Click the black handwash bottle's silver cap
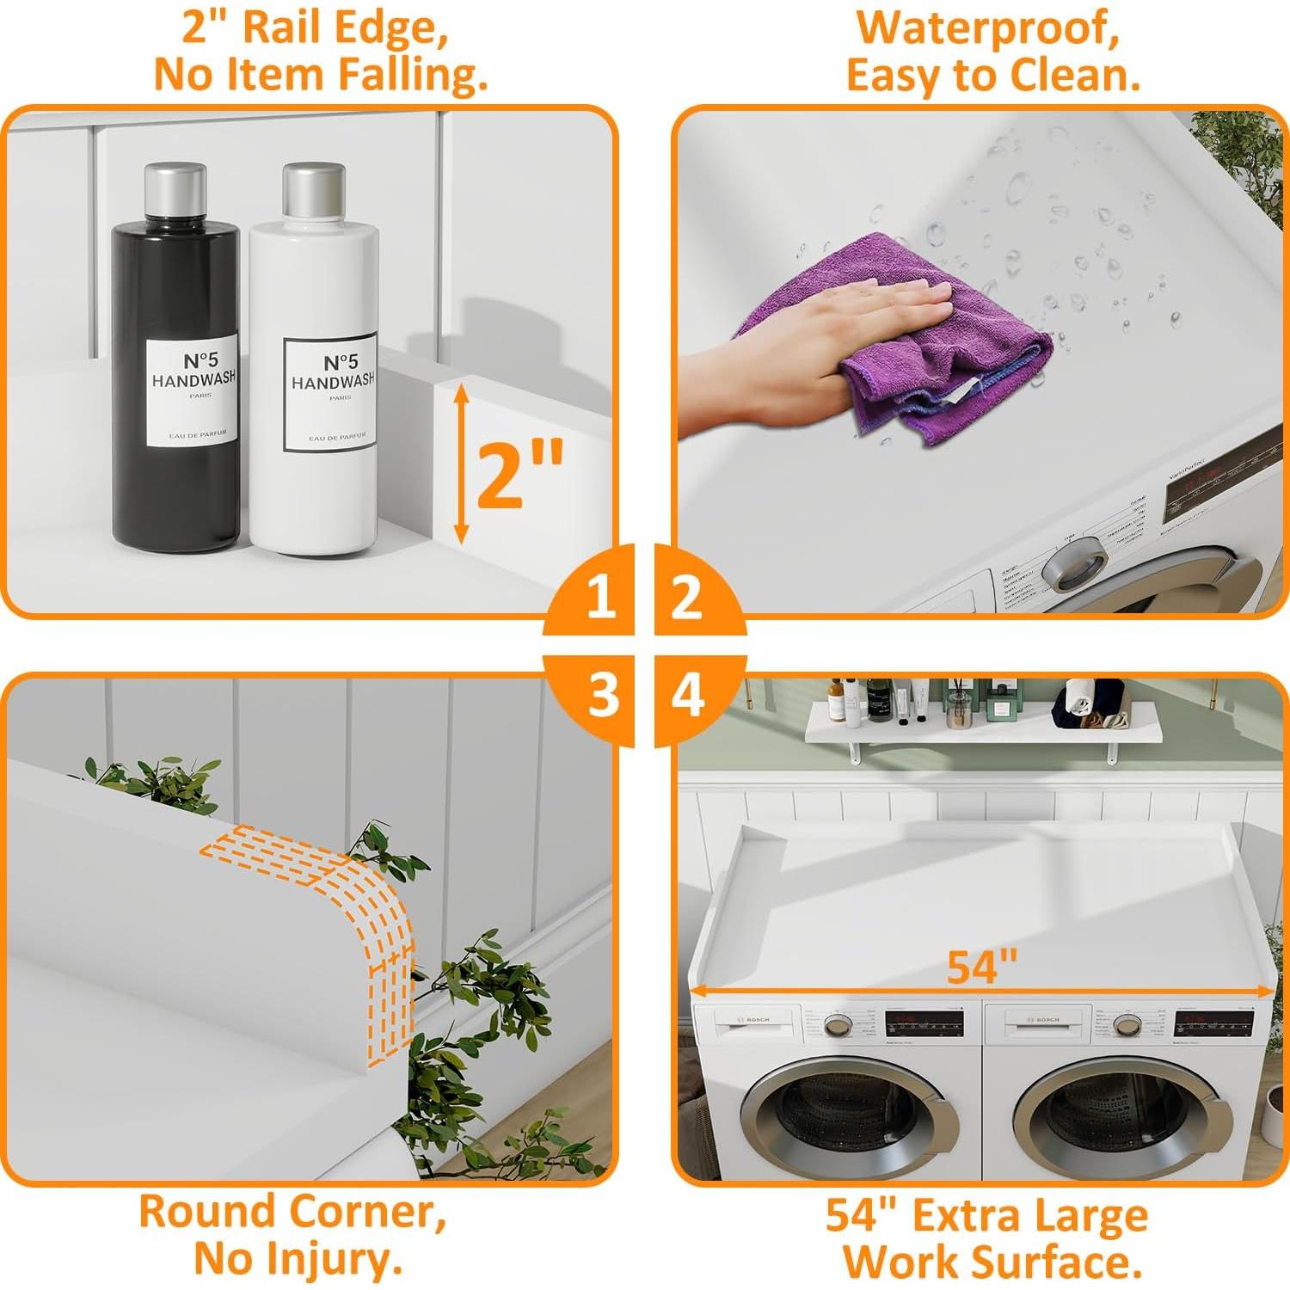click(175, 192)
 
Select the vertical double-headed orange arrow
click(462, 464)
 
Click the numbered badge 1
click(600, 596)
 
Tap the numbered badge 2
click(686, 596)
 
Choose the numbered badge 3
click(602, 695)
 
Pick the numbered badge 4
click(687, 695)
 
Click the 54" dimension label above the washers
click(982, 967)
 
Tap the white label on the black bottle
click(191, 392)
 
